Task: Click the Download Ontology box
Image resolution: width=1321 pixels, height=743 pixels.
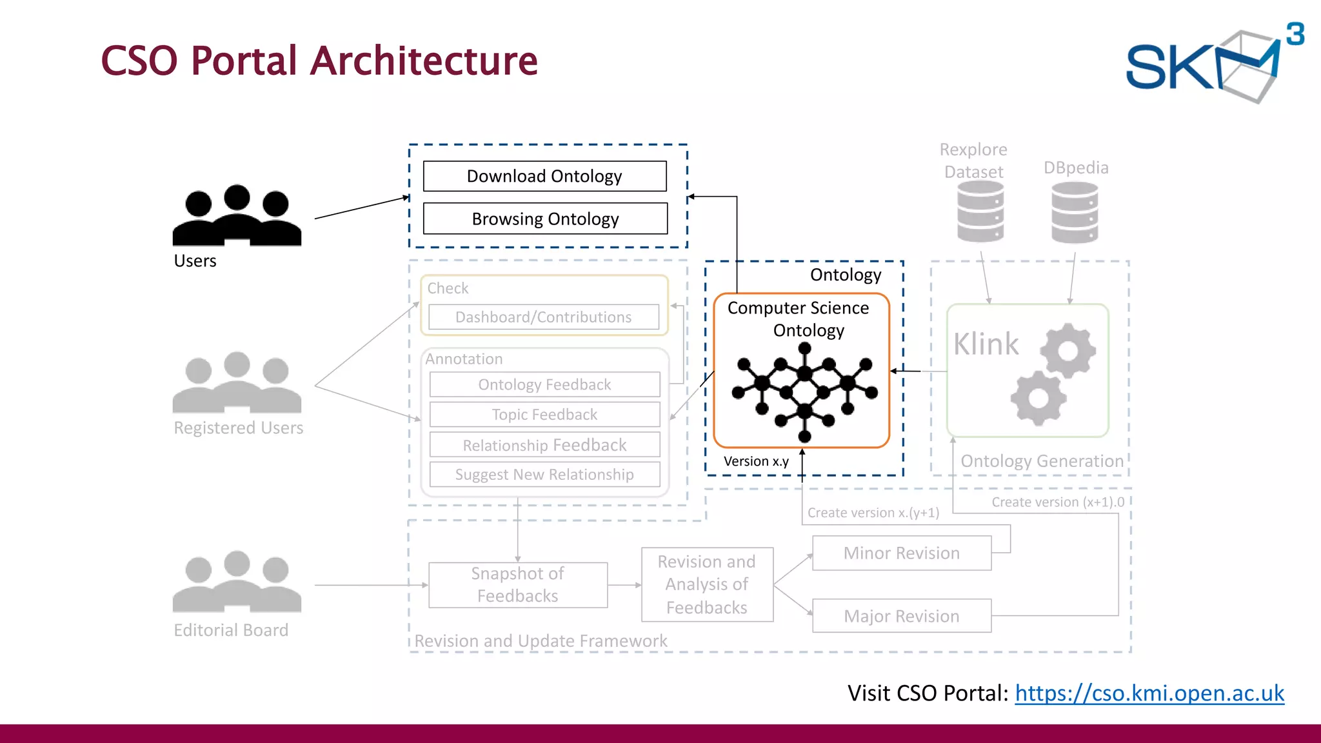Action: (x=544, y=176)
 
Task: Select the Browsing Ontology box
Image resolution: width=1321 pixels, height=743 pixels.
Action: (x=545, y=219)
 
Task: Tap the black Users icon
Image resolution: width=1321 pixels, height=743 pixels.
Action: (x=237, y=216)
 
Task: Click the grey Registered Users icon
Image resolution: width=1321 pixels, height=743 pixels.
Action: (x=237, y=383)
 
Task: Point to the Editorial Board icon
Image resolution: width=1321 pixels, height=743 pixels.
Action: (x=237, y=582)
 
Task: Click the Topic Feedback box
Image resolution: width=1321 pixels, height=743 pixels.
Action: (x=544, y=415)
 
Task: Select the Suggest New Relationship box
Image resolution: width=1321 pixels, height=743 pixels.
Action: (x=544, y=475)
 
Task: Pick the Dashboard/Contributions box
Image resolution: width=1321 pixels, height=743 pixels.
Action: (x=544, y=317)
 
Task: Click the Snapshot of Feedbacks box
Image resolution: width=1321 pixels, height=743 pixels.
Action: (x=518, y=585)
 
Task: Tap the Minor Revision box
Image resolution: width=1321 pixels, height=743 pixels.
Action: (x=901, y=553)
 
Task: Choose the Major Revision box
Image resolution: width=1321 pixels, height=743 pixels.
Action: (x=901, y=616)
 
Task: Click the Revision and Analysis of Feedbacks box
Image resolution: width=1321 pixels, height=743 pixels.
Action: (x=707, y=585)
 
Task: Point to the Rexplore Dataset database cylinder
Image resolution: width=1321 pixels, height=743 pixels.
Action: (x=980, y=212)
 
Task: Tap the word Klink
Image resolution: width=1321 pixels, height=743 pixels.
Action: (x=986, y=344)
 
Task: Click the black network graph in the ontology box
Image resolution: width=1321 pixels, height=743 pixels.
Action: (x=804, y=391)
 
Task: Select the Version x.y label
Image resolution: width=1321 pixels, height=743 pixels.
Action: (x=756, y=462)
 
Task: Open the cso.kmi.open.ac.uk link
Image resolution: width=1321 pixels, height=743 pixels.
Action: (x=1149, y=693)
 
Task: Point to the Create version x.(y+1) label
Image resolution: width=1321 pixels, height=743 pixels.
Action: (x=873, y=513)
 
